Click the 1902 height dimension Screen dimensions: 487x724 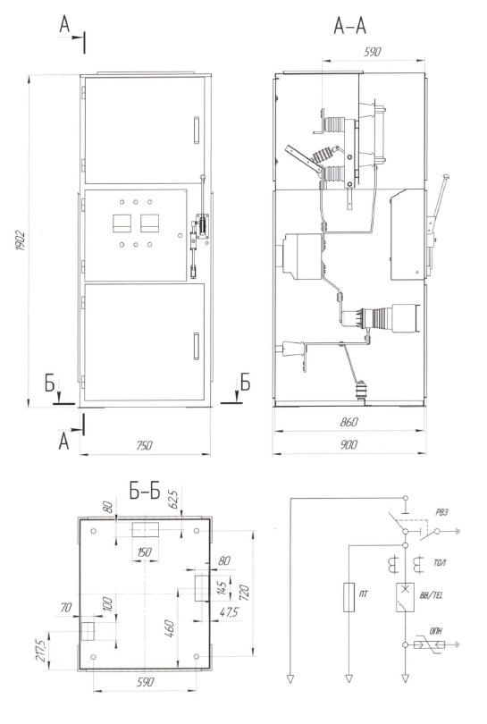(x=21, y=240)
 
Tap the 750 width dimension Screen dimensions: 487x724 (x=145, y=446)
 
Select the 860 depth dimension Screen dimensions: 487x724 (x=349, y=422)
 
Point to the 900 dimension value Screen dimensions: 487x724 (x=349, y=444)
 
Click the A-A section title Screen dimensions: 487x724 (x=350, y=26)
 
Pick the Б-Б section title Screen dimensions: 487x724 (x=145, y=492)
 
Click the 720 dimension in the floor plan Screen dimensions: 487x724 (x=244, y=593)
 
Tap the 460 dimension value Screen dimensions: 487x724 (x=170, y=629)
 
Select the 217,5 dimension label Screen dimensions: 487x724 (x=41, y=650)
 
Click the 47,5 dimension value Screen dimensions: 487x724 (x=229, y=613)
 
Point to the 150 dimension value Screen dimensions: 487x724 (x=145, y=552)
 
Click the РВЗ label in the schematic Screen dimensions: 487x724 (x=441, y=512)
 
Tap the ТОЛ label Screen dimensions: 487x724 (x=440, y=563)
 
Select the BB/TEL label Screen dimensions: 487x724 (x=431, y=595)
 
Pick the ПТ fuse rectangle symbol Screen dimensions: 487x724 (x=349, y=597)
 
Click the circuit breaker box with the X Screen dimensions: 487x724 (x=405, y=597)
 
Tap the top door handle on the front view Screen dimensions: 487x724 (x=197, y=130)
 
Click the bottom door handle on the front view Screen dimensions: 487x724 (x=197, y=346)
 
